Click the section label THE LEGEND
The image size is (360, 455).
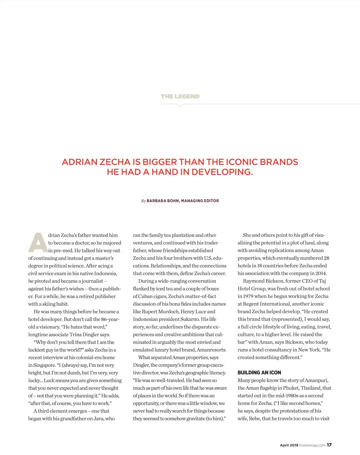click(x=180, y=96)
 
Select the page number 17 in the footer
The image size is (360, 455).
click(x=329, y=445)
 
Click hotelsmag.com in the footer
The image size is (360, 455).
click(x=312, y=445)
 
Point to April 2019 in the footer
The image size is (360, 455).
click(x=289, y=445)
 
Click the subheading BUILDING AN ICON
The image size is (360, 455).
click(x=259, y=373)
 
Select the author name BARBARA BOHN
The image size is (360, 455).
click(x=163, y=201)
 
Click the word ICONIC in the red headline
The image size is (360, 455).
click(x=241, y=162)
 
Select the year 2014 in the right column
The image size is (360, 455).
click(x=321, y=273)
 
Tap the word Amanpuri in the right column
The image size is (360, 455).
click(x=316, y=380)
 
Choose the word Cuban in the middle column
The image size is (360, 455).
click(x=145, y=296)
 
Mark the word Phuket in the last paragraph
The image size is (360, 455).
click(x=291, y=388)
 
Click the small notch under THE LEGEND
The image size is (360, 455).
click(x=180, y=105)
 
